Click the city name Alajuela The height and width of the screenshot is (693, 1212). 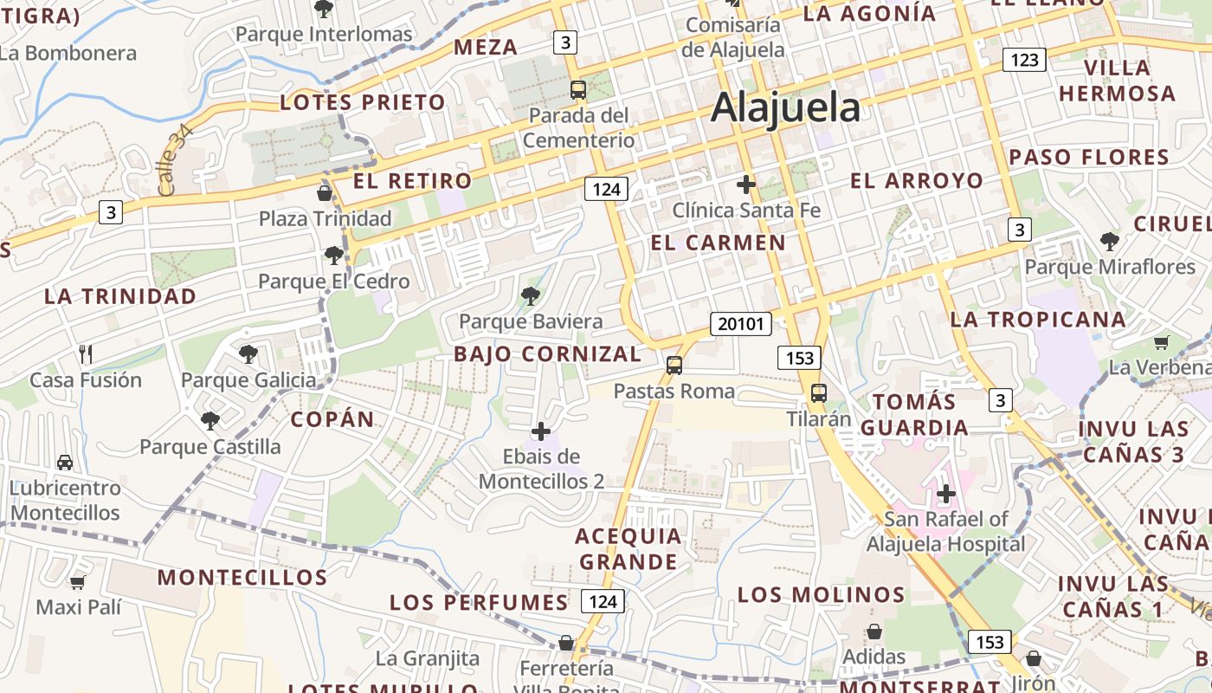point(785,108)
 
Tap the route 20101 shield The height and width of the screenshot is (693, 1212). point(741,324)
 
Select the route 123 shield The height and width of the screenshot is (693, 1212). point(1024,60)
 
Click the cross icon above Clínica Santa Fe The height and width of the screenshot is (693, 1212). point(745,185)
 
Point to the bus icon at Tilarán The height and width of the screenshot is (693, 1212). point(818,393)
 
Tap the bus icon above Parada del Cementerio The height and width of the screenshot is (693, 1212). point(578,89)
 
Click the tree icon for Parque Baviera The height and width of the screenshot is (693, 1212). point(531,297)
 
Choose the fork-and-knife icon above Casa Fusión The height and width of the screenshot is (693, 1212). point(85,353)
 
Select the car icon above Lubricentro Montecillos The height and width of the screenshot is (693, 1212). point(65,463)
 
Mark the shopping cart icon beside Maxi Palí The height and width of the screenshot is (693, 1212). point(78,582)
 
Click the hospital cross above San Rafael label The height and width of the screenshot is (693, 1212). point(946,495)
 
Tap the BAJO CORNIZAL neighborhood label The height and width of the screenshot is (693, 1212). point(548,353)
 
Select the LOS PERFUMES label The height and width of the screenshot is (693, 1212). point(479,602)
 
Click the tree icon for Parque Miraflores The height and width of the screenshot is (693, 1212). point(1109,242)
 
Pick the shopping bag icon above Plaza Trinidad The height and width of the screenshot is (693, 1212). point(325,192)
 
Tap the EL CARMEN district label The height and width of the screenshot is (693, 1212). point(718,243)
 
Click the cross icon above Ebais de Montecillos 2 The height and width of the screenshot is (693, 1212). point(541,431)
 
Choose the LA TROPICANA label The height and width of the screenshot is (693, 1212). point(1038,319)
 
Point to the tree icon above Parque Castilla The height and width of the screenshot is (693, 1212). point(210,421)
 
